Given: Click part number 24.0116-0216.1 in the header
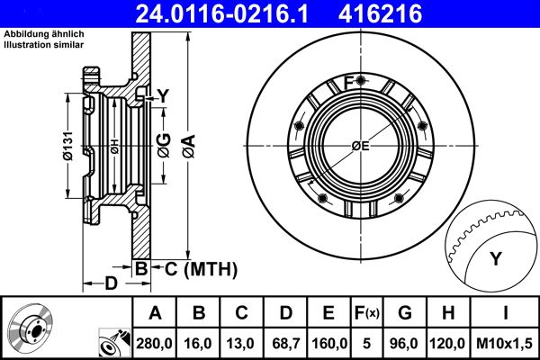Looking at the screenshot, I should point(236,13).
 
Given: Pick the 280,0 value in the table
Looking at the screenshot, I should point(156,342).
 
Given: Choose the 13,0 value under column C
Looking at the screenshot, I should point(242,342).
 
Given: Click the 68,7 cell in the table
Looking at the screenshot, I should point(284,342).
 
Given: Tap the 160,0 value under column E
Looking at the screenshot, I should point(329,342).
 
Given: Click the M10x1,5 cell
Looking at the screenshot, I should point(505,342).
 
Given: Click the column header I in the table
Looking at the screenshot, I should point(505,313).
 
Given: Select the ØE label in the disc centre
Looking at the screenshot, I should point(361,147).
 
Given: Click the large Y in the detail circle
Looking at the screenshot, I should point(495,258).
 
